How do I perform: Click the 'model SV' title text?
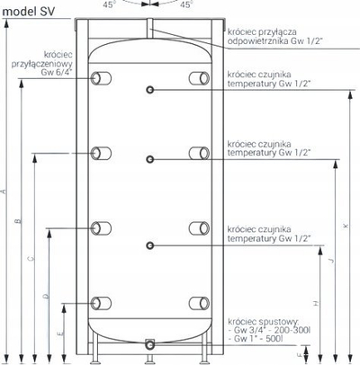click(x=29, y=12)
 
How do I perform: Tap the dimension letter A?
click(x=4, y=191)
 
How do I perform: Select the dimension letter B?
click(x=18, y=221)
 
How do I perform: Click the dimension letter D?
click(x=46, y=297)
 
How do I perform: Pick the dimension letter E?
click(x=61, y=334)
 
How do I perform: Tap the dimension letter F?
click(x=300, y=355)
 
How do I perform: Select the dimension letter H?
click(x=315, y=303)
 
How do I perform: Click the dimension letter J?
click(x=331, y=261)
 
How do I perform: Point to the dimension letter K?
click(x=346, y=226)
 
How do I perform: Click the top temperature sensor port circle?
click(x=150, y=89)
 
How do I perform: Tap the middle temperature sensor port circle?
click(x=150, y=159)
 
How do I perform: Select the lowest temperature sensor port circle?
click(x=150, y=245)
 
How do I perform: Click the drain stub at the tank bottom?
click(x=149, y=345)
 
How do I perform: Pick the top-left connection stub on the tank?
click(x=101, y=78)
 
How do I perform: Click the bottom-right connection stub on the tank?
click(x=199, y=303)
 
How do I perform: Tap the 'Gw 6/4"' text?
click(x=57, y=72)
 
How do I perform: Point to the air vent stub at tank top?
click(x=149, y=28)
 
